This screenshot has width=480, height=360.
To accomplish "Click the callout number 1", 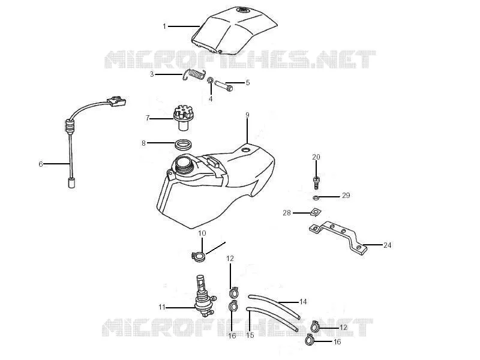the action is click(164, 26).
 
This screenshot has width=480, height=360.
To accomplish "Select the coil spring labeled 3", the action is click(194, 74).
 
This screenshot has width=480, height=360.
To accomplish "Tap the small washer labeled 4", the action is click(211, 81).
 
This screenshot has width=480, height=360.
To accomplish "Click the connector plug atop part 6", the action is click(116, 101).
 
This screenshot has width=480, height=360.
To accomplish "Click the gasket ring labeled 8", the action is click(184, 145).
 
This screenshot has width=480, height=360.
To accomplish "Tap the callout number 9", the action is click(247, 115).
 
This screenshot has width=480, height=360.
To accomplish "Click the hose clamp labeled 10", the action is click(198, 256).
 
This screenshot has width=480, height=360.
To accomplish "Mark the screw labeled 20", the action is click(316, 182).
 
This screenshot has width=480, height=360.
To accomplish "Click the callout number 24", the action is click(387, 245).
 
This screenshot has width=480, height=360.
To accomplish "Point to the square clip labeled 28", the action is click(316, 212).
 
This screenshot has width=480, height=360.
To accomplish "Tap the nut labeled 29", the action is click(316, 198).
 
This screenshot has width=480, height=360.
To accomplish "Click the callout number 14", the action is click(303, 302).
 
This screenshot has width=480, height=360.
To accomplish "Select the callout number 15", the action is click(250, 335).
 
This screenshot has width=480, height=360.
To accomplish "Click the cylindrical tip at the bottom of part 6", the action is click(71, 182).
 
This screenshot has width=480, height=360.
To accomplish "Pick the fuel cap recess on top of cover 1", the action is click(244, 10).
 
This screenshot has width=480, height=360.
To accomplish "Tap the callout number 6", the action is click(41, 164).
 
